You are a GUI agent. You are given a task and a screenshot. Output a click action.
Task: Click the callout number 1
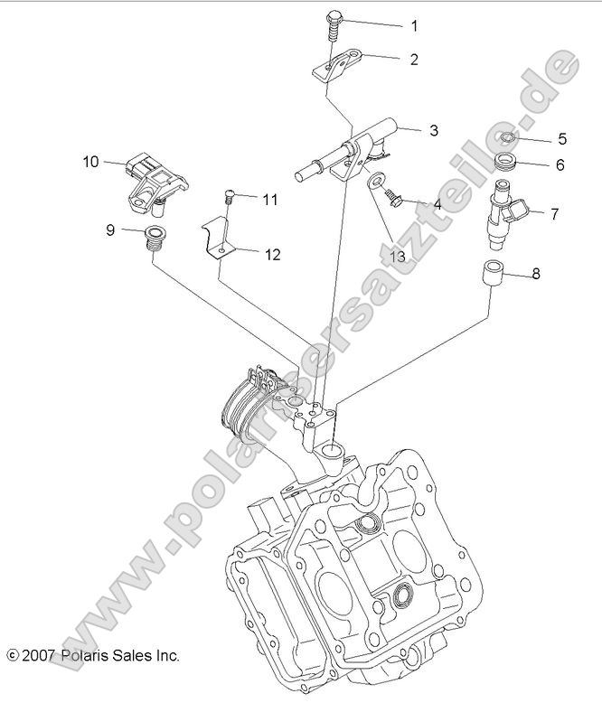click(415, 25)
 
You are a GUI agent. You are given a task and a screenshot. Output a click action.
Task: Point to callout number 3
click(433, 131)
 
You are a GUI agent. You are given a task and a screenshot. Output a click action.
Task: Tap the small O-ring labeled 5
click(509, 138)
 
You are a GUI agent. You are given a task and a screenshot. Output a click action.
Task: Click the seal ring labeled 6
click(508, 164)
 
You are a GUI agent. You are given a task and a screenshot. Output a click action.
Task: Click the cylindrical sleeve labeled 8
click(493, 274)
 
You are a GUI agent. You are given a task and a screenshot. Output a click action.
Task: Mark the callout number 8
click(536, 274)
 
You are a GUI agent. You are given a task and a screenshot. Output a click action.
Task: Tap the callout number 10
click(90, 163)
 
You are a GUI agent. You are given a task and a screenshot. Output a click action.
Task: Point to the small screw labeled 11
click(230, 196)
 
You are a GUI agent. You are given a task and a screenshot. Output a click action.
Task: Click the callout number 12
click(272, 255)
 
